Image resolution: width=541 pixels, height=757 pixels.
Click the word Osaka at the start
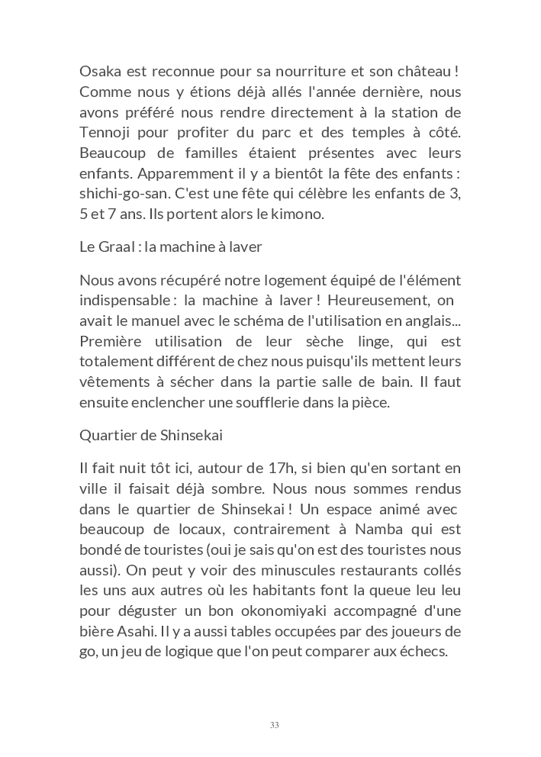[x=99, y=72]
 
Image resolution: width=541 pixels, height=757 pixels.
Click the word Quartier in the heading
[x=105, y=436]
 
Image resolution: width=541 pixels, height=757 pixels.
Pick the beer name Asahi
[x=134, y=632]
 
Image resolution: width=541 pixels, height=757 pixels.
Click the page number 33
[x=274, y=725]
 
